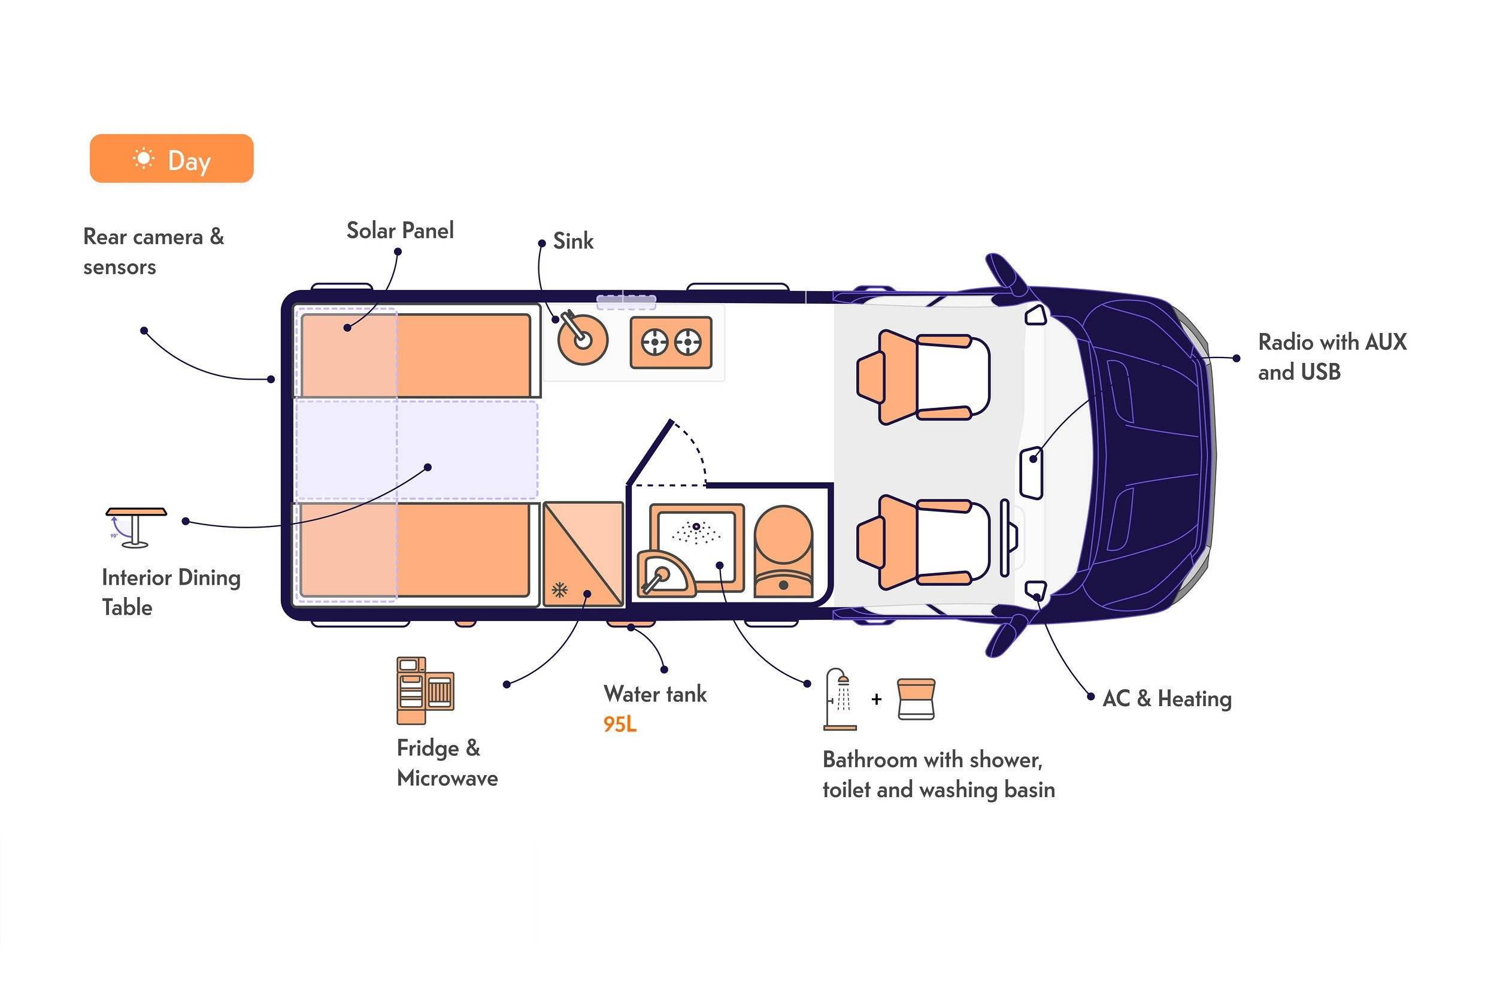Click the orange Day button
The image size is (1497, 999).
point(171,159)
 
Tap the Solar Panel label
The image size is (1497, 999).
point(400,230)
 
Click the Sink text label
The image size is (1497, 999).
point(572,241)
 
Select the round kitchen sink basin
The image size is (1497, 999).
point(582,339)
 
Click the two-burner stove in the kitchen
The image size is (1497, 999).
point(671,343)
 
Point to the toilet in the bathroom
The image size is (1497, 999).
point(784,551)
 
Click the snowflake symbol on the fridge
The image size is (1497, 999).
point(559,590)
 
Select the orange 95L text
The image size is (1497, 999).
point(620,725)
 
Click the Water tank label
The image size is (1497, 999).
point(655,694)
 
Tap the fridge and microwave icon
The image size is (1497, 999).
point(425,691)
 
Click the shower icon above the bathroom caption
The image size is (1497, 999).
point(840,699)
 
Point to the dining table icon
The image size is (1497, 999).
point(137,528)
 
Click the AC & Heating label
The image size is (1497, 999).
point(1167,699)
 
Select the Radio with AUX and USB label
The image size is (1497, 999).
point(1332,357)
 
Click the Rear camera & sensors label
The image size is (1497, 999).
point(153,252)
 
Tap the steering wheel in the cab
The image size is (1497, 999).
point(1005,538)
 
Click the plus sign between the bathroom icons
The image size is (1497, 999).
point(877,699)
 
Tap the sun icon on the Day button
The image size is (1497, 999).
point(144,159)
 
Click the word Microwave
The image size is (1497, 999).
point(447,778)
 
